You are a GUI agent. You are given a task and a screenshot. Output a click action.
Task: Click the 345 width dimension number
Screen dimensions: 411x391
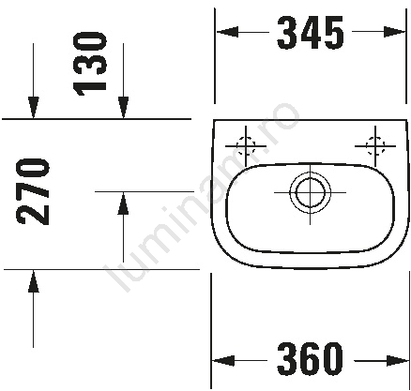pos(310,33)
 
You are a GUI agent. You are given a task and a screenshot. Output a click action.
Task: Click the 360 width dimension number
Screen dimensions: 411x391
pos(310,358)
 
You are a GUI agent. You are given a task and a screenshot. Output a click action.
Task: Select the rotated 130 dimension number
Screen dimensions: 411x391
pos(89,64)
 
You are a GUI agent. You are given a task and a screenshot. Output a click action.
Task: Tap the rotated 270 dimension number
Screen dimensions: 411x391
pos(33,191)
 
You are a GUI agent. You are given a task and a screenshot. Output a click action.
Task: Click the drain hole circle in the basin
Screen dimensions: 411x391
pos(310,192)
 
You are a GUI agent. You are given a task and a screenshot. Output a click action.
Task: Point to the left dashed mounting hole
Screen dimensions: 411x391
pos(246,145)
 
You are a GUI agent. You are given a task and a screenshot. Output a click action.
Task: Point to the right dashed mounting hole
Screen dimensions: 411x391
pos(375,145)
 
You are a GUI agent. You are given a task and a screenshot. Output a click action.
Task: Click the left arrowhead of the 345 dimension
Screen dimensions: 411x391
pos(227,32)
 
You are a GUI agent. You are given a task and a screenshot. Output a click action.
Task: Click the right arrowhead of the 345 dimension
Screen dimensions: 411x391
pos(394,32)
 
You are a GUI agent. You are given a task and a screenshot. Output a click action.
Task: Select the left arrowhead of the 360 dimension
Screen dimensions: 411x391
pos(223,361)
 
